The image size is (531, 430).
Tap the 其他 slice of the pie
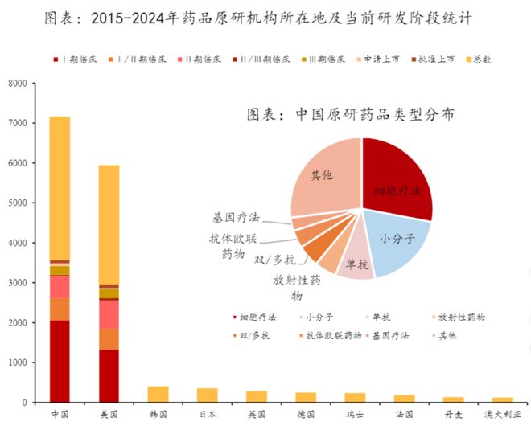[x=322, y=177]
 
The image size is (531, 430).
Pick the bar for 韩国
[x=158, y=394]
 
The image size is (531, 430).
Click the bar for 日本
[x=207, y=395]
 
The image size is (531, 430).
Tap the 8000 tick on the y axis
[x=17, y=84]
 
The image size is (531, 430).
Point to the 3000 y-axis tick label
[x=17, y=283]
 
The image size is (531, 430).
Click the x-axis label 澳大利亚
[x=502, y=415]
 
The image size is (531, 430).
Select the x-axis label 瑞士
[x=355, y=415]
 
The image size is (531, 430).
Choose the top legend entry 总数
[x=478, y=59]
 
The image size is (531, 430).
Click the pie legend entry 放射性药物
[x=460, y=318]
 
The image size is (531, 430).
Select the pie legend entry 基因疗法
[x=390, y=334]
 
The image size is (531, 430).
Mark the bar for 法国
[x=404, y=398]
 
